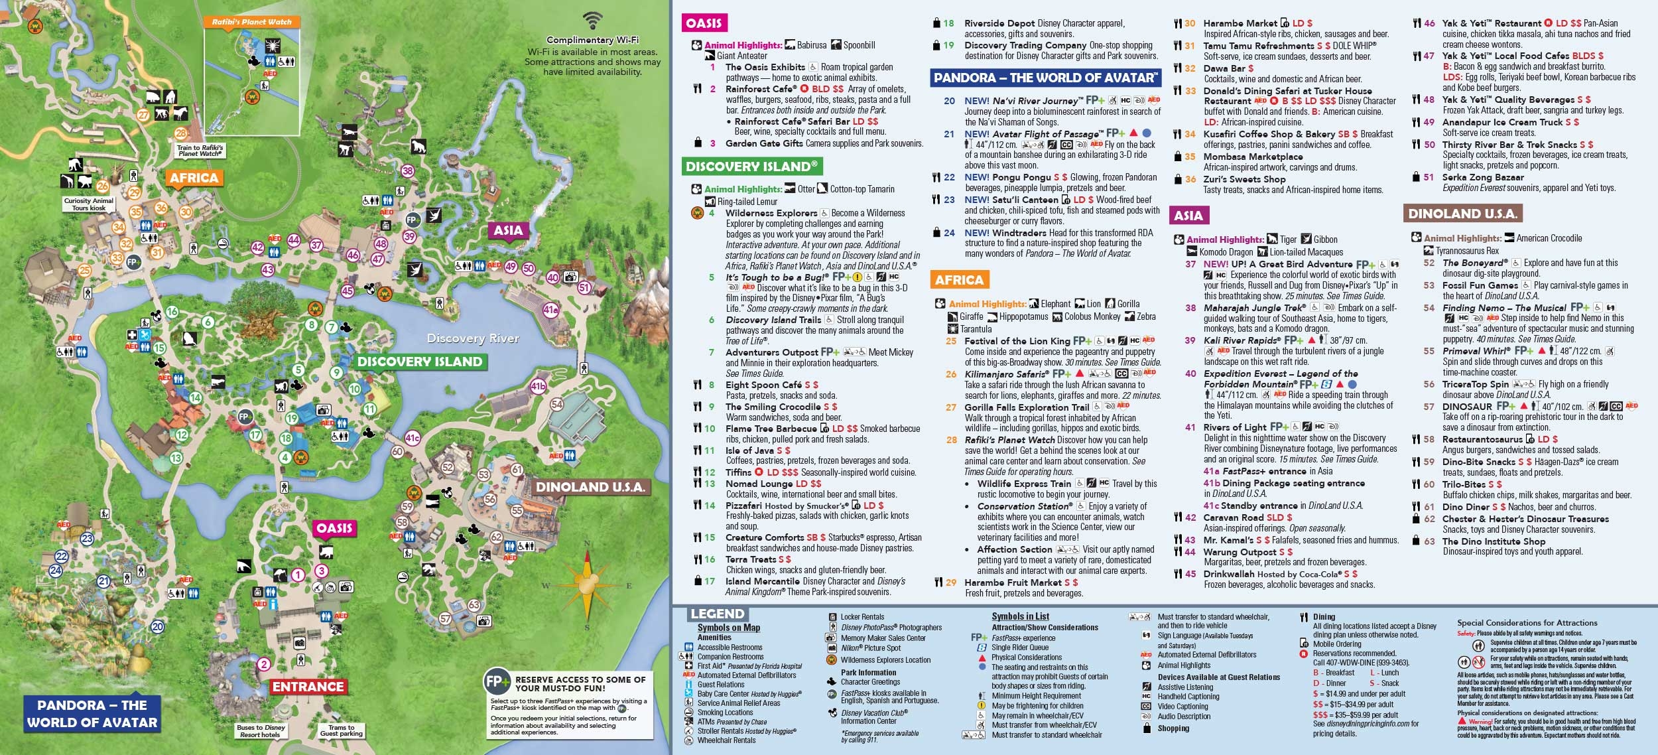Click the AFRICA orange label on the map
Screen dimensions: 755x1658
tap(194, 178)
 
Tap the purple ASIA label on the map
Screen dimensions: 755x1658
tap(508, 230)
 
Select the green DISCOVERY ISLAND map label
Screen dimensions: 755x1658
tap(419, 362)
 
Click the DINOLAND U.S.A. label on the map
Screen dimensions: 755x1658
tap(590, 487)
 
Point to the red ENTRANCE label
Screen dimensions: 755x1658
tap(308, 687)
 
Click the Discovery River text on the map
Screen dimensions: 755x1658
tap(473, 338)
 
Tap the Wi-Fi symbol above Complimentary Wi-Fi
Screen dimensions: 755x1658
tap(592, 20)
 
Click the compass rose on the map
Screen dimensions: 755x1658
tap(587, 586)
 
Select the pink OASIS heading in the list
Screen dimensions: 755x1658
tap(704, 23)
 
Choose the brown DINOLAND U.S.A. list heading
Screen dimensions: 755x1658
tap(1462, 214)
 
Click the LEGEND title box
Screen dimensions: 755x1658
tap(717, 614)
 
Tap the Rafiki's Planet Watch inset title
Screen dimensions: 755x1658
tap(251, 22)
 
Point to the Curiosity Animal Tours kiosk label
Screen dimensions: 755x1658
tap(89, 204)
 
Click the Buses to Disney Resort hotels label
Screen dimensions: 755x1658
tap(261, 730)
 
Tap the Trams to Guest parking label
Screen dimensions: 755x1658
tap(341, 730)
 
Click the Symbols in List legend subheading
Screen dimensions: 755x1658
tap(1020, 616)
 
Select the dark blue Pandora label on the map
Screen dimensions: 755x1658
tap(92, 714)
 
